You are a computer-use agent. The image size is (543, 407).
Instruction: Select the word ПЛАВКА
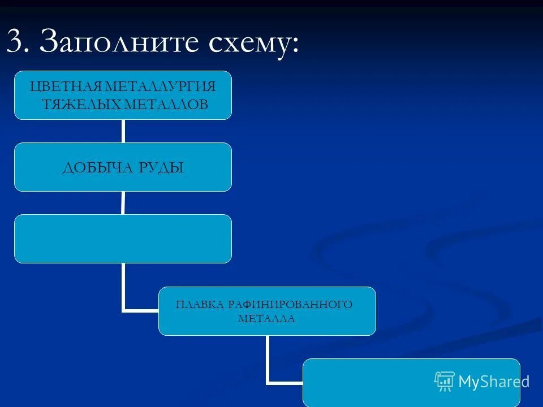(x=200, y=305)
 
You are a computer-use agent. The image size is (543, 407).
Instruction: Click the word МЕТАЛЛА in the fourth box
(x=266, y=319)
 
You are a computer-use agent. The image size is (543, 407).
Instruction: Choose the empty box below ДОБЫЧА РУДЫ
(x=123, y=239)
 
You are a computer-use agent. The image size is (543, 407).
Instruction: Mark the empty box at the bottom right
(x=411, y=383)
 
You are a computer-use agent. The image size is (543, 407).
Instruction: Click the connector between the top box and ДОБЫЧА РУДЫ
(x=123, y=131)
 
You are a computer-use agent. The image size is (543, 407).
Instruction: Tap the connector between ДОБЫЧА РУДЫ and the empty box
(x=123, y=203)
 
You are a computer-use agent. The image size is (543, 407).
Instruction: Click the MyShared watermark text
(x=493, y=382)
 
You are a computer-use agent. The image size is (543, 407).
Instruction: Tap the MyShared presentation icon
(x=445, y=382)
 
